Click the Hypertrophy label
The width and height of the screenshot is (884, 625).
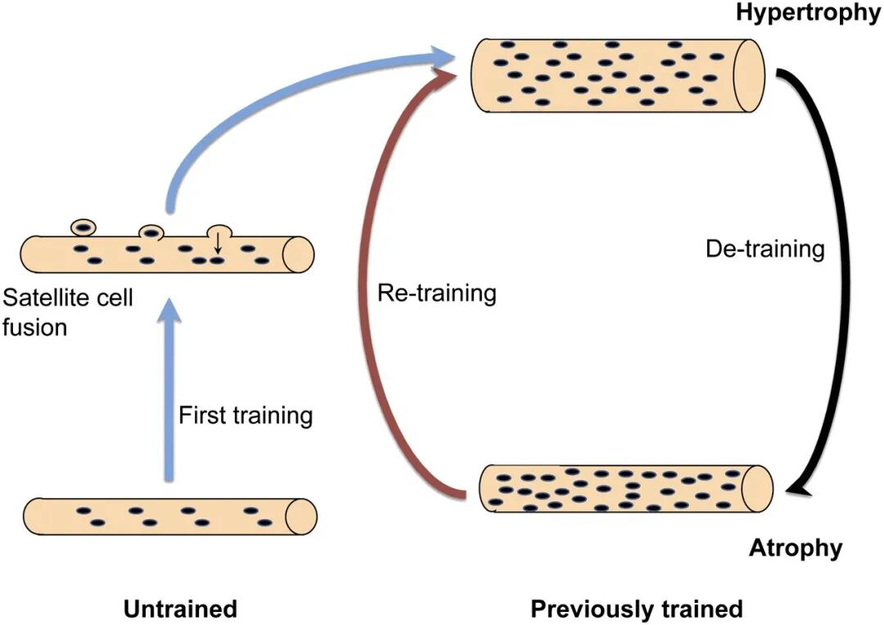point(807,13)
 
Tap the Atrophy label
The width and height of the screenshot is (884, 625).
point(795,547)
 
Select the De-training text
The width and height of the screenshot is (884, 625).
point(764,249)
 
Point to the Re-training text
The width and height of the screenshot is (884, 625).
point(436,293)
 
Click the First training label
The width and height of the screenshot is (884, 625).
point(246,415)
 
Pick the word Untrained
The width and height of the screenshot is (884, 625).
point(180,609)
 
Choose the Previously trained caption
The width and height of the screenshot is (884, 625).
point(636,609)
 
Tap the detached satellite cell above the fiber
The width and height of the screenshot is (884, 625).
point(83,227)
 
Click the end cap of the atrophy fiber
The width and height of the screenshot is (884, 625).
point(758,488)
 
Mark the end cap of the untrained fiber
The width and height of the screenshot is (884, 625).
point(300,515)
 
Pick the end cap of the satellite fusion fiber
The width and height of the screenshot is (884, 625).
point(298,254)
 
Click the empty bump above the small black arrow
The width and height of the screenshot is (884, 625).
point(219,231)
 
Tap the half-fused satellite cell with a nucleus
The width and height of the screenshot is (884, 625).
point(151,232)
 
